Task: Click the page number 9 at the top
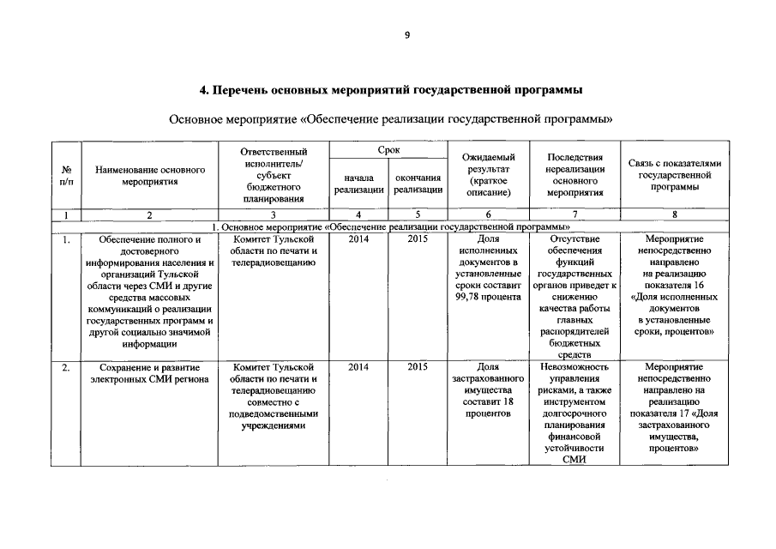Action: point(408,35)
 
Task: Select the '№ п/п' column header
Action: point(66,177)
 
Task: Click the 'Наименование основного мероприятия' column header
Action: point(150,177)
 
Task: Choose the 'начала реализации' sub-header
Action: point(358,183)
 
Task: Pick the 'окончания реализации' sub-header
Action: point(418,183)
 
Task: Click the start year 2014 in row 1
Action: point(358,239)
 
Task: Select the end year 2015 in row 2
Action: point(418,367)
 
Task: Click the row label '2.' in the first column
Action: point(66,367)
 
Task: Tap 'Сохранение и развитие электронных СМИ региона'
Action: point(150,373)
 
